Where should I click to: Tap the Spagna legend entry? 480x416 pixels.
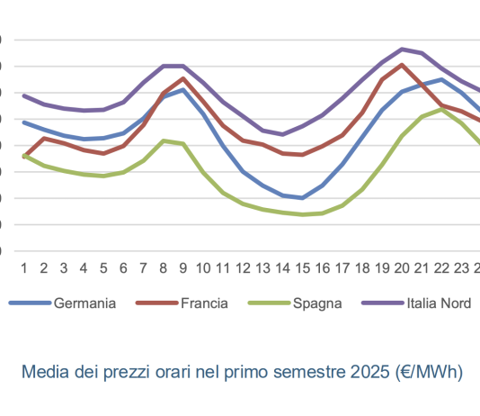(x=316, y=303)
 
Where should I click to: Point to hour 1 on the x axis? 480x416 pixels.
(x=23, y=267)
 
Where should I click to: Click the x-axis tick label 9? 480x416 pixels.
(x=183, y=267)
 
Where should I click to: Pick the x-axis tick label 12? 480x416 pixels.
(x=243, y=267)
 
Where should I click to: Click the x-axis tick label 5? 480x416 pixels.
(x=103, y=267)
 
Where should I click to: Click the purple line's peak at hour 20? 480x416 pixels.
(x=402, y=49)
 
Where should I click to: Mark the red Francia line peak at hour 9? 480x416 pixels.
(x=183, y=78)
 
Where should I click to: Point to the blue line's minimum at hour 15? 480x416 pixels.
(x=303, y=198)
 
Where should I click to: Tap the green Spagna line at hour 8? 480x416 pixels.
(x=163, y=140)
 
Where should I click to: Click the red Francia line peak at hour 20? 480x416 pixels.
(x=402, y=65)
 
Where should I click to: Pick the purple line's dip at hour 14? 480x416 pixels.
(x=283, y=134)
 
